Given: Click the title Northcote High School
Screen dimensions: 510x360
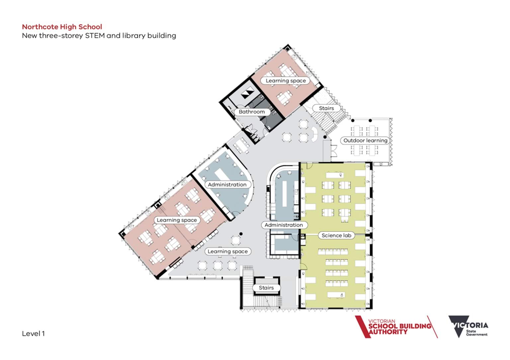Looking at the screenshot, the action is point(62,27).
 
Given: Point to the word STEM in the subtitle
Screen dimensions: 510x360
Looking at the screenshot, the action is point(95,36).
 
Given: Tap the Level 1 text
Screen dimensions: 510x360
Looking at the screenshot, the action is point(33,333).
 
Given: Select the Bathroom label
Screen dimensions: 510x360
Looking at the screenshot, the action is point(252,112).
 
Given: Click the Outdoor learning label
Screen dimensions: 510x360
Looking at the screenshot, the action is point(365,140).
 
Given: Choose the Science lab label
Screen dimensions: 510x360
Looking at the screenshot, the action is point(336,235).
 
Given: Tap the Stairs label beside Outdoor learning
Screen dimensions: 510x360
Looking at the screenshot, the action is point(326,108).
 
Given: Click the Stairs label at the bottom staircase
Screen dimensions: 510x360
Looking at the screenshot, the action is point(266,288).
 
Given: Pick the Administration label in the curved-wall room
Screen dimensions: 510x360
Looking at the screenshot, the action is point(227,184).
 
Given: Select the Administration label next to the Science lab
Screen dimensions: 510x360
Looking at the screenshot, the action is point(284,225).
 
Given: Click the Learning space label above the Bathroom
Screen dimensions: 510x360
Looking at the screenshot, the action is point(286,81).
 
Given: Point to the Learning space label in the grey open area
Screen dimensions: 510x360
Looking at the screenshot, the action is point(228,252).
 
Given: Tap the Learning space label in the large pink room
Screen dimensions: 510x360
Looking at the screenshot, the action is point(177,220).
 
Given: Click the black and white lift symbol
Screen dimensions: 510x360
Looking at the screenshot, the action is point(247,92).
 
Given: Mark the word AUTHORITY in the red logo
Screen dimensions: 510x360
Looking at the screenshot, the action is point(388,332).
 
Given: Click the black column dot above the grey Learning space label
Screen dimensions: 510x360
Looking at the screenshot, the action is point(241,234).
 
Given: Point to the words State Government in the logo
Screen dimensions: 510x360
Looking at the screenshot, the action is point(477,333).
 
